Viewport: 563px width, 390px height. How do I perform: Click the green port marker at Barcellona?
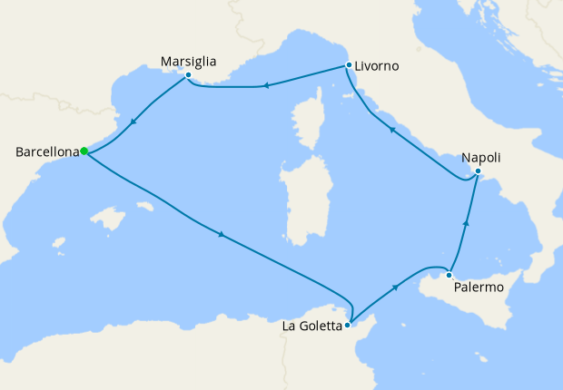point(83,151)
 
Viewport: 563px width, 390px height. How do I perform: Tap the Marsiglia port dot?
point(188,75)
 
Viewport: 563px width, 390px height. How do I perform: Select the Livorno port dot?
point(349,64)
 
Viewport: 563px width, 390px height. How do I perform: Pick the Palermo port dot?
point(449,275)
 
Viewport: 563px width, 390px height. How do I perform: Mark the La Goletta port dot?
point(348,323)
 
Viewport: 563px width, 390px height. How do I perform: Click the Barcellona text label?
point(47,152)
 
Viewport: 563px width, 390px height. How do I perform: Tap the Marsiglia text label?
point(188,61)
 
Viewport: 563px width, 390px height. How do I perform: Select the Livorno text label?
point(377,66)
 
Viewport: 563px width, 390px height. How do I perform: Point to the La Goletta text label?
point(311,325)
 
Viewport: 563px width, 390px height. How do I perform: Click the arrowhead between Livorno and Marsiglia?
point(267,86)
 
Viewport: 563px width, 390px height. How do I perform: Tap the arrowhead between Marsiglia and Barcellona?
point(134,123)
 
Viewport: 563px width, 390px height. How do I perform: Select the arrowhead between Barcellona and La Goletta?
point(221,236)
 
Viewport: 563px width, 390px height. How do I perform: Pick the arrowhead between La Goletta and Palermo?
point(396,287)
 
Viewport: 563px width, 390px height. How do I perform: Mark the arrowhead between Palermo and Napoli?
point(466,222)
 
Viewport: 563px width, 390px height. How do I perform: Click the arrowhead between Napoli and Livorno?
point(392,131)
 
